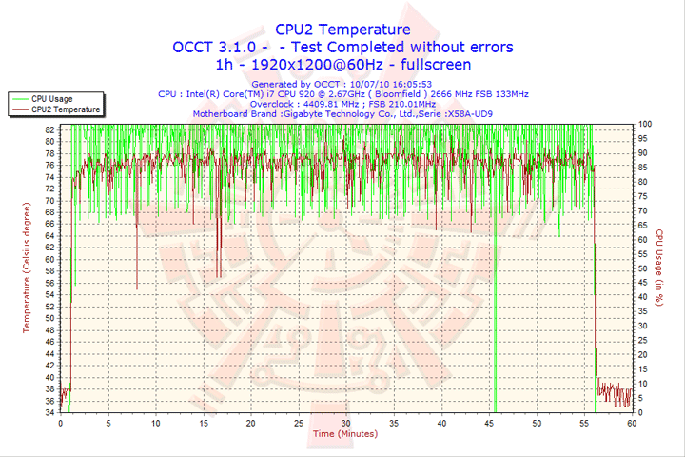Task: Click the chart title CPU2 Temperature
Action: click(x=342, y=30)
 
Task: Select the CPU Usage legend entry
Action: click(x=51, y=98)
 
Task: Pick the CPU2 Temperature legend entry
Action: click(x=65, y=109)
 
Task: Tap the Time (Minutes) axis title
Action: click(x=344, y=434)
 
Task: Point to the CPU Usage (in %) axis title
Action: click(x=658, y=266)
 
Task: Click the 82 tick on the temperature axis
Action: click(x=49, y=129)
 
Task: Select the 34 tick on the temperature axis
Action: click(x=49, y=413)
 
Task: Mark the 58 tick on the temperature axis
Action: click(x=49, y=271)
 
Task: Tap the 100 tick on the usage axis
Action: click(x=645, y=124)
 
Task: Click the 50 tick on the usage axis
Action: click(x=643, y=268)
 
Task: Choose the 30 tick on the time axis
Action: click(x=345, y=424)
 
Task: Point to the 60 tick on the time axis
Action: click(x=632, y=424)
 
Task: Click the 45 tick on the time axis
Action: click(x=489, y=424)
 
